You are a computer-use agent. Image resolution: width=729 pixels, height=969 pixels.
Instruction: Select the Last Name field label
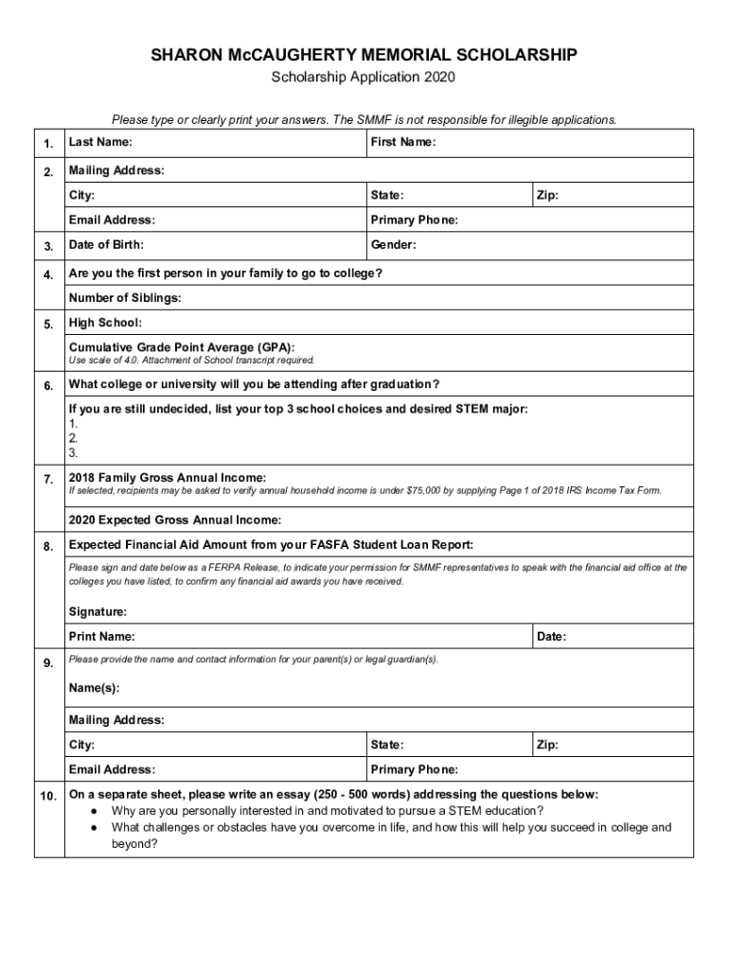(100, 143)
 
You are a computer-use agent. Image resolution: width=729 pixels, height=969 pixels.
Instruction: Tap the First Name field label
(403, 143)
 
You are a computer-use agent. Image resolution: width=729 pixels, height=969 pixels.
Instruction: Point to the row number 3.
(48, 246)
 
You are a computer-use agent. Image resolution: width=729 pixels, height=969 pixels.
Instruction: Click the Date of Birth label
(106, 245)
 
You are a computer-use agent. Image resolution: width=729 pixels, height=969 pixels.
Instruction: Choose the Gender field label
(394, 245)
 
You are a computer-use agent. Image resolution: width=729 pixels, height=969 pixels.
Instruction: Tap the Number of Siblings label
(125, 298)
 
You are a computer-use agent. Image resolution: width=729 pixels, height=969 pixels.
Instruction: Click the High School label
(105, 324)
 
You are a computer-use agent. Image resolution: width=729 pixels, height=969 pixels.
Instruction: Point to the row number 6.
(48, 386)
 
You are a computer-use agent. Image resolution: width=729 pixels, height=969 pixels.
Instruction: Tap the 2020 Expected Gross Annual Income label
(175, 520)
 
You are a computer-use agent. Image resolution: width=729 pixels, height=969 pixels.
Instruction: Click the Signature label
(98, 611)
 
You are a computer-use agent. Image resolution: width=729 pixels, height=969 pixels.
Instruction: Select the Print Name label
(101, 637)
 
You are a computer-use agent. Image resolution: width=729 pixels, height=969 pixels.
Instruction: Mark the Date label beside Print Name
(551, 637)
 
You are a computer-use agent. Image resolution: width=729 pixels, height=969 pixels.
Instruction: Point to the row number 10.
(48, 795)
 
